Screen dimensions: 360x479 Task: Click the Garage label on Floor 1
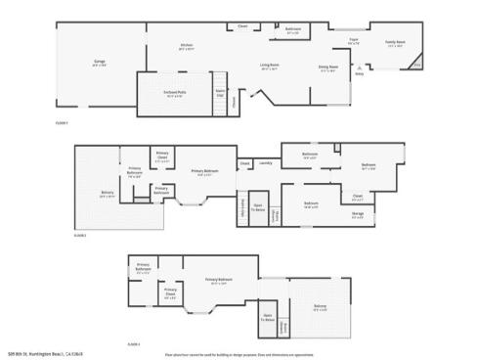click(x=99, y=62)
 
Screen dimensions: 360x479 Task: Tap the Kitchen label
click(x=186, y=45)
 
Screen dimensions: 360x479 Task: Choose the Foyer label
click(x=354, y=40)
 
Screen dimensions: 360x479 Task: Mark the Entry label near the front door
click(x=359, y=72)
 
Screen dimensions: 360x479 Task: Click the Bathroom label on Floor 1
click(x=292, y=29)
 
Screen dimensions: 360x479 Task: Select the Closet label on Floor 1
click(x=242, y=24)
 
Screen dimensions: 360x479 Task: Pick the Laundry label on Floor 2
click(x=265, y=162)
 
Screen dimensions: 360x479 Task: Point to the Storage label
click(x=358, y=213)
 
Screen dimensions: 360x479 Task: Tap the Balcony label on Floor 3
click(x=320, y=306)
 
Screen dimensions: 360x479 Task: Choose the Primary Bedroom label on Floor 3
click(x=224, y=282)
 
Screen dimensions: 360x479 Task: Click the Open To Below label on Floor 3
click(x=267, y=316)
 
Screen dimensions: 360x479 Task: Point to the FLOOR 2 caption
click(x=80, y=236)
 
